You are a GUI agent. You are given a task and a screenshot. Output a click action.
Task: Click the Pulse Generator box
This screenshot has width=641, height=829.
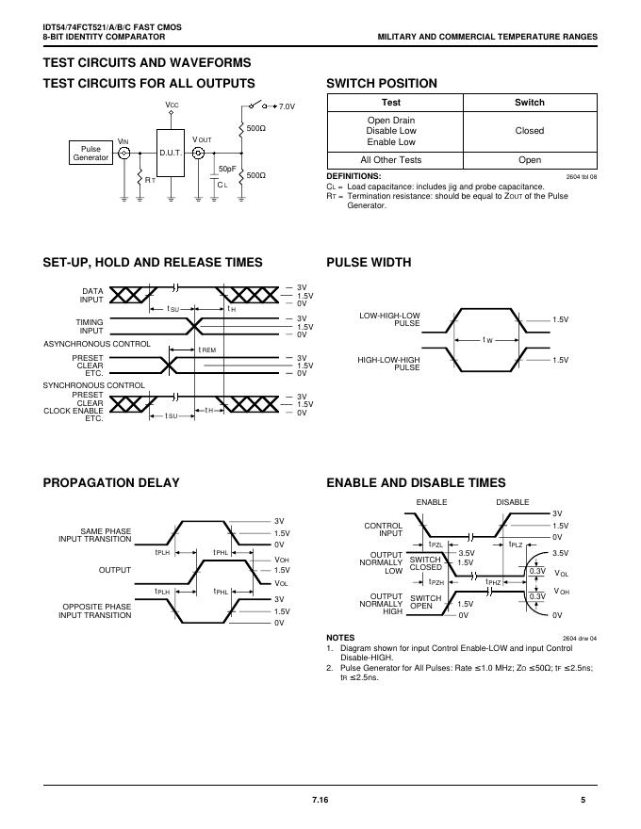(90, 153)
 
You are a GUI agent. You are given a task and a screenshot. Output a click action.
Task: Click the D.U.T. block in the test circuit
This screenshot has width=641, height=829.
(171, 152)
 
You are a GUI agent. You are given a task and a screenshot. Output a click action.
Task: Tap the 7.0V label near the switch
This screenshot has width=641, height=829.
(287, 107)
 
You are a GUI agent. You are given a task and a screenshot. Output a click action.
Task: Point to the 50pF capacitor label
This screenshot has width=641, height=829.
(227, 169)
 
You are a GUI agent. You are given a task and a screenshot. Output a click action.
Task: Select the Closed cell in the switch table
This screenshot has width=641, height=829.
(529, 131)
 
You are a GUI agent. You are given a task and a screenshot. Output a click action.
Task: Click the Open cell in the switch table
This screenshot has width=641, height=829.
(529, 160)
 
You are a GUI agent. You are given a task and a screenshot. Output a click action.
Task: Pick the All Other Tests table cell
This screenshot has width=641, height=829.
(390, 160)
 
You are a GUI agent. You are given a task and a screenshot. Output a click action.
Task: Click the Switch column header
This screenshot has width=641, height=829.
(529, 102)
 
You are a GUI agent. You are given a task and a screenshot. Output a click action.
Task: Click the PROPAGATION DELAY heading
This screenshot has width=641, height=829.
(111, 483)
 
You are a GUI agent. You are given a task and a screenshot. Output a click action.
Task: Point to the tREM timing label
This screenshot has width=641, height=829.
(207, 349)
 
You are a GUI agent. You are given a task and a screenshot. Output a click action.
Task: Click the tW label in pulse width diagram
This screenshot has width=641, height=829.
(487, 339)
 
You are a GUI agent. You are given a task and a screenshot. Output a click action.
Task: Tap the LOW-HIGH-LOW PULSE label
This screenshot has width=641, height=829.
(390, 319)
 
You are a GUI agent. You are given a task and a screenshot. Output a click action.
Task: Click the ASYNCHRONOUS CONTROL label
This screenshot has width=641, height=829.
(96, 344)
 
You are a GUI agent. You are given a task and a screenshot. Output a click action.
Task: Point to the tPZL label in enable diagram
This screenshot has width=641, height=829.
(436, 545)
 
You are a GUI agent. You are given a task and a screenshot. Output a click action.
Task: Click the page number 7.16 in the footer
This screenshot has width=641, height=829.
(320, 800)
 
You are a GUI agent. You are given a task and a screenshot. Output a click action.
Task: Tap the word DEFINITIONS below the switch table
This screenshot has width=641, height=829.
(353, 176)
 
